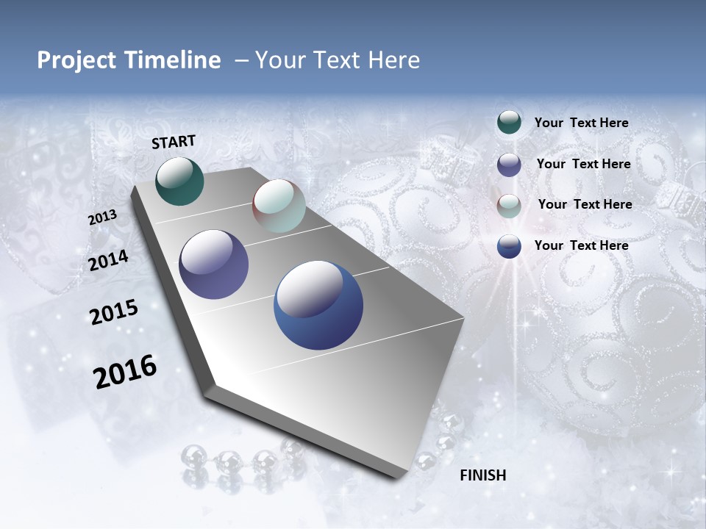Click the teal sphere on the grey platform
(180, 181)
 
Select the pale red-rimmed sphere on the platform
(279, 206)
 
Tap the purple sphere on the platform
(214, 264)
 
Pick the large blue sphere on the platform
(318, 305)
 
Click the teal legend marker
(509, 123)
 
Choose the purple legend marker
(509, 165)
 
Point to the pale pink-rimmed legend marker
(509, 206)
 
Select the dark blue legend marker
(509, 246)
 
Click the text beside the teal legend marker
(581, 123)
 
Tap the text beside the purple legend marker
(583, 164)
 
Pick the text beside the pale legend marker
(585, 204)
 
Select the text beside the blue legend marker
(581, 245)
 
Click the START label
(174, 142)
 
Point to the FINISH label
(483, 475)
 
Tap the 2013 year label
(102, 217)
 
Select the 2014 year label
(108, 260)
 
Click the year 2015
(114, 312)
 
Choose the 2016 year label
(125, 371)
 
